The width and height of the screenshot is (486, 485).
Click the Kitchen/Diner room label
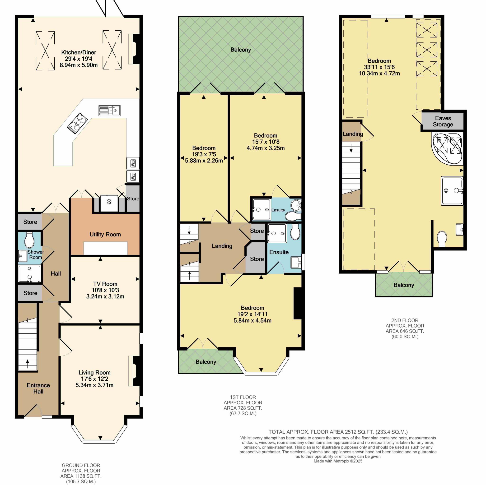pos(79,53)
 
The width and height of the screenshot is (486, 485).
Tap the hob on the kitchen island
pos(77,122)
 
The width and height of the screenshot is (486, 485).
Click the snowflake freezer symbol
pos(109,202)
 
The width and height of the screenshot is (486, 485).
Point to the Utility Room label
pos(105,234)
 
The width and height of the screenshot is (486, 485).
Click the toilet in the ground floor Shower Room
pos(29,240)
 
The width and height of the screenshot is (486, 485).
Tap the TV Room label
pos(105,284)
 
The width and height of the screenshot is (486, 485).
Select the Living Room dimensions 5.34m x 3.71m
pos(94,385)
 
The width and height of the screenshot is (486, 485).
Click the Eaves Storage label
pos(443,121)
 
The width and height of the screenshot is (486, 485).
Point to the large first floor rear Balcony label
pos(241,50)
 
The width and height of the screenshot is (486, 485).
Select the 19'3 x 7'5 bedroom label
pos(204,154)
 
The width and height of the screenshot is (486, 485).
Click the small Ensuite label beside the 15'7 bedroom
pos(278,210)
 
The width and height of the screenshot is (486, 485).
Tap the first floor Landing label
pos(222,246)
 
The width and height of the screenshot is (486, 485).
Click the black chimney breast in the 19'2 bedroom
pos(298,303)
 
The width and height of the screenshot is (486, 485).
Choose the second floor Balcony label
pos(403,285)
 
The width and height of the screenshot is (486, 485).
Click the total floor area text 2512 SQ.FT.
pos(338,432)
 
